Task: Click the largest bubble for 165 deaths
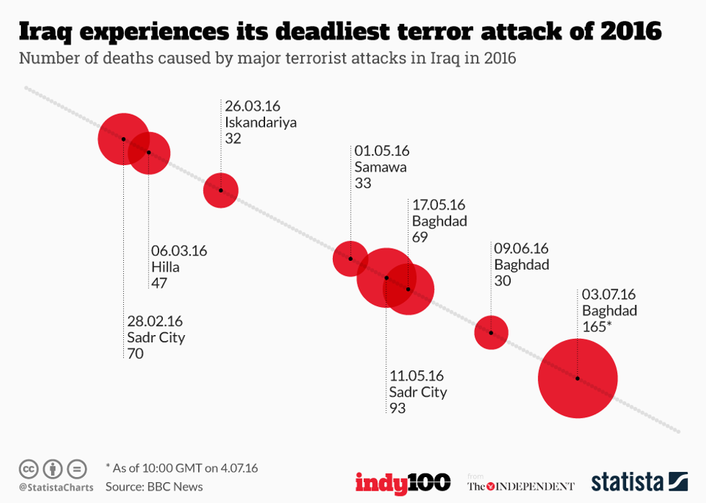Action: [577, 378]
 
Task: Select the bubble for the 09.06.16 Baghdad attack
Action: [491, 333]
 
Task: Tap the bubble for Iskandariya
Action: [220, 190]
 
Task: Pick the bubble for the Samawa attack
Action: [350, 259]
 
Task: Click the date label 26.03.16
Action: [252, 106]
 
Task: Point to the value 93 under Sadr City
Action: [398, 409]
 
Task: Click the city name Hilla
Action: [165, 267]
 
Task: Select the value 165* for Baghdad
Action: [597, 327]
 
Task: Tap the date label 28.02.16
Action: [155, 321]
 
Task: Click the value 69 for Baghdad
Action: [420, 237]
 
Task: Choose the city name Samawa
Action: [380, 167]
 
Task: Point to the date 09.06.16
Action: [521, 248]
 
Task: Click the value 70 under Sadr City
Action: [135, 354]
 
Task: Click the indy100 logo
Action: [403, 481]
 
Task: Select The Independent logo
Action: [521, 486]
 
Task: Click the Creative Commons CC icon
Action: [29, 468]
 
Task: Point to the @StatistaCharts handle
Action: [55, 488]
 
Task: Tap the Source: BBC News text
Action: [154, 486]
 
